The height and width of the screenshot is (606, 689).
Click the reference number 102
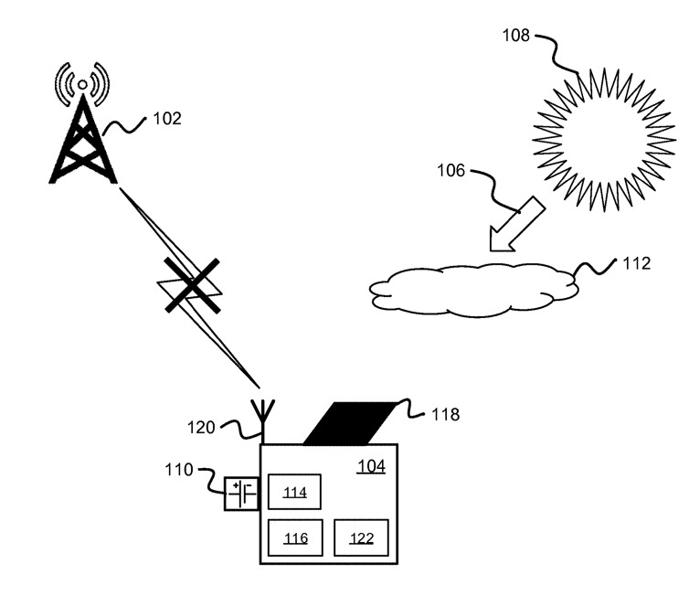tap(168, 119)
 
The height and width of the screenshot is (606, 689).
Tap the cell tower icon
tap(83, 137)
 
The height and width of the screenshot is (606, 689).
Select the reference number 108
tap(517, 37)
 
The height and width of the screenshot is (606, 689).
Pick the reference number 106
tap(451, 171)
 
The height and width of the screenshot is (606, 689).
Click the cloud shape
tap(475, 290)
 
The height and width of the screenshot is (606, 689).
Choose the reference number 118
tap(445, 415)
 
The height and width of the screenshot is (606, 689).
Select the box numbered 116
tap(295, 537)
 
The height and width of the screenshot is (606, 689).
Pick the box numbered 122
tap(361, 537)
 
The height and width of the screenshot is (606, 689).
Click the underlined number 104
tap(370, 466)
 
